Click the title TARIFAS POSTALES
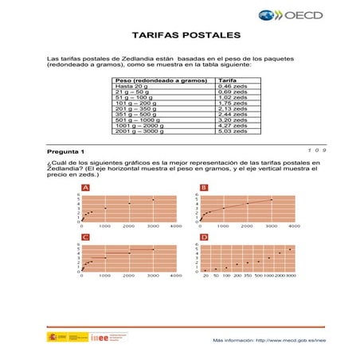tap(180, 37)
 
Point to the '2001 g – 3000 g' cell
tap(139, 131)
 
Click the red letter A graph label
tap(85, 188)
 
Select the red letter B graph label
tap(204, 188)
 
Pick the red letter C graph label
tap(85, 237)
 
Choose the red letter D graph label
tap(204, 237)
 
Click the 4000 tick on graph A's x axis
tap(176, 227)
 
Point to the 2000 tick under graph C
tap(128, 276)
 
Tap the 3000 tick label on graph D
tap(290, 276)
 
